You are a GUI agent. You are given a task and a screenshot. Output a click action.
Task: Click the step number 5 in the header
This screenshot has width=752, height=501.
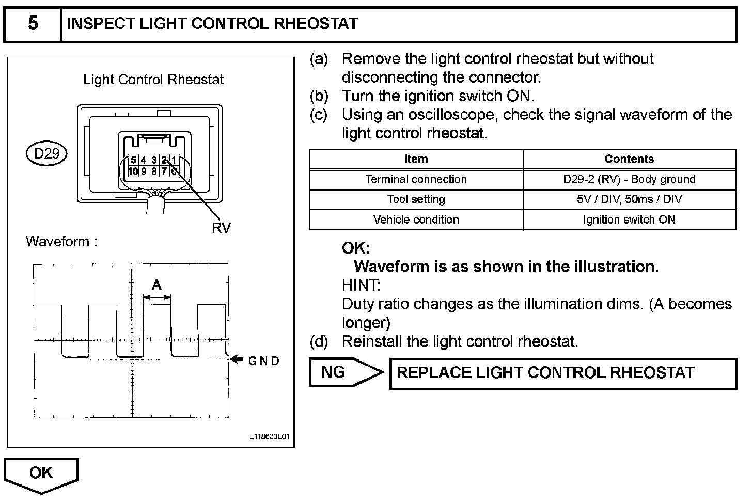32,24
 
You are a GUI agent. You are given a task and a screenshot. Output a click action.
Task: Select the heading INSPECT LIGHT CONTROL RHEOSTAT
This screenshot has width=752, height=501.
212,24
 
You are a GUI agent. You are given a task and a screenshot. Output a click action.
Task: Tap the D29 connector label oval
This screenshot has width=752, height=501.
46,153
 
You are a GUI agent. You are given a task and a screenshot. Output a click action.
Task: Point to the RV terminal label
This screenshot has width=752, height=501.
221,228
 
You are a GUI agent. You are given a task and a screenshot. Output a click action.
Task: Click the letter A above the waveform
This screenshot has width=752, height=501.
156,285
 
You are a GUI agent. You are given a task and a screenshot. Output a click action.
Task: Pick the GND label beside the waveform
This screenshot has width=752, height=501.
264,361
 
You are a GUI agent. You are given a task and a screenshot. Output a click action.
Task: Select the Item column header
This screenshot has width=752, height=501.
416,159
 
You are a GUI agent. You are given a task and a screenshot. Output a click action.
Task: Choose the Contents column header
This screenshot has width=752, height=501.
629,159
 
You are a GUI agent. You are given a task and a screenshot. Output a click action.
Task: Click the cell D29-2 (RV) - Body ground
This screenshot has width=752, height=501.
629,179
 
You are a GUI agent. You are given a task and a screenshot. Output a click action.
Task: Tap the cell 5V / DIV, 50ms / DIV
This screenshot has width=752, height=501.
629,199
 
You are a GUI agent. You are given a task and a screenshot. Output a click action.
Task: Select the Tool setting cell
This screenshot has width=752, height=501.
416,199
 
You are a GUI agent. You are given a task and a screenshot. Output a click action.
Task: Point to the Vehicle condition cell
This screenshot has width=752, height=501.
416,220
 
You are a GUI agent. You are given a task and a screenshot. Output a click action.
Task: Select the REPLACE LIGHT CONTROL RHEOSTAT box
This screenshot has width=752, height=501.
562,373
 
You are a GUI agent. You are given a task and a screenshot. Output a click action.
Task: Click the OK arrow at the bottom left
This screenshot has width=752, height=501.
41,474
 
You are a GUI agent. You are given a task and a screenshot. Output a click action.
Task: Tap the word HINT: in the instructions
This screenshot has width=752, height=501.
361,285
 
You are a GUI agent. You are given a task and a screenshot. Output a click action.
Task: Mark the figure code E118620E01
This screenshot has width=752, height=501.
269,437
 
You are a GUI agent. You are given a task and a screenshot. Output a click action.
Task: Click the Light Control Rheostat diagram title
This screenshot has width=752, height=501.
153,80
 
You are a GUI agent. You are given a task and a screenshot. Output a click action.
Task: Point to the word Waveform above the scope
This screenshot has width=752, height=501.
57,241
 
